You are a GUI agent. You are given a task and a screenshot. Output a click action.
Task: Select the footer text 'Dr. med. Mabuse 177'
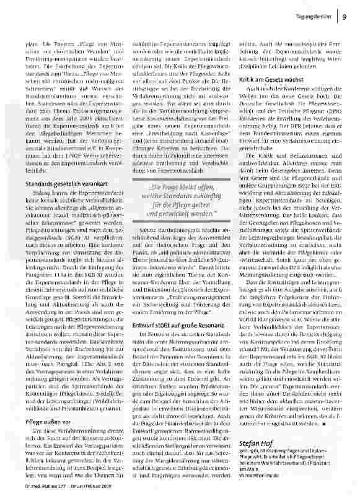click(37, 494)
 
